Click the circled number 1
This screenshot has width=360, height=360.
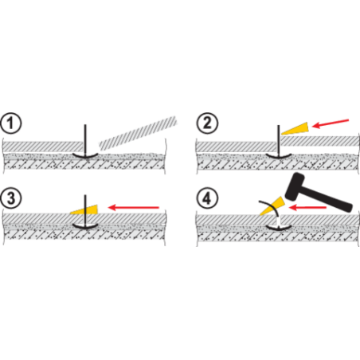click(x=10, y=123)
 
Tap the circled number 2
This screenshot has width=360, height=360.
click(x=207, y=123)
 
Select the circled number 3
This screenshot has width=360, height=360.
click(x=10, y=198)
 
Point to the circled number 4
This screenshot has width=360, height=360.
click(x=207, y=198)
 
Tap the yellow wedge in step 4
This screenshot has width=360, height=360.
click(x=272, y=205)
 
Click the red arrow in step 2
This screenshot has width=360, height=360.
click(x=331, y=123)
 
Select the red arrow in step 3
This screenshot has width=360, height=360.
click(x=134, y=207)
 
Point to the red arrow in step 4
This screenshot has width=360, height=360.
click(x=307, y=207)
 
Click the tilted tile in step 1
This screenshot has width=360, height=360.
click(x=138, y=133)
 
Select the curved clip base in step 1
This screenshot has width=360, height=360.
click(x=85, y=156)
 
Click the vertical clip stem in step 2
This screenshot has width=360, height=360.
click(x=278, y=140)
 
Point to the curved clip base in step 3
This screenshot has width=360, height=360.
click(x=85, y=227)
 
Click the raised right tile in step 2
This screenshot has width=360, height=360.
click(x=320, y=141)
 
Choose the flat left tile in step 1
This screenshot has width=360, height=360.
click(x=43, y=147)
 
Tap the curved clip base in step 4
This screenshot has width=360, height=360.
click(x=279, y=228)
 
